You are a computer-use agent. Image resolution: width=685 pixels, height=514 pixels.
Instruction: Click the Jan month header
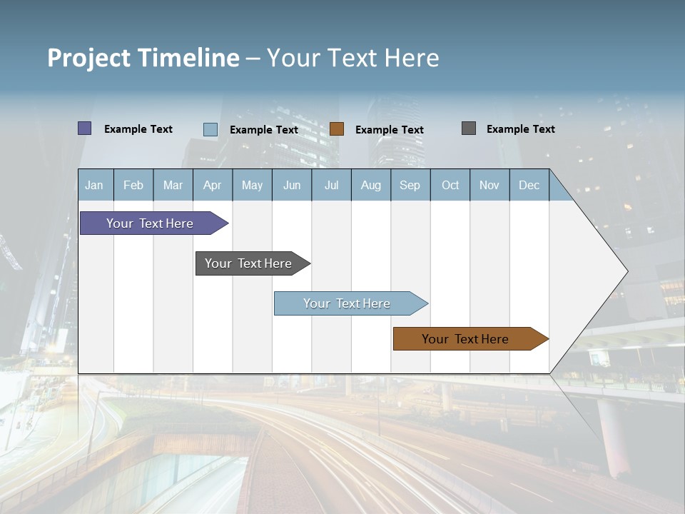click(x=95, y=185)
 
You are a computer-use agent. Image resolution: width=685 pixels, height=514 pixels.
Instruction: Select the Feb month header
click(x=133, y=185)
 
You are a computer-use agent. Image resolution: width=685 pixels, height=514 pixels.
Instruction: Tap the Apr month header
click(x=213, y=185)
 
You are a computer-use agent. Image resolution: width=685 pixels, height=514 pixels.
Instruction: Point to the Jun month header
click(x=292, y=185)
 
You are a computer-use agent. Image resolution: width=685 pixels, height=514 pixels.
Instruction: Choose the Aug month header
click(x=371, y=185)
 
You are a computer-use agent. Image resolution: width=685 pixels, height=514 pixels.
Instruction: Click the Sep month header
click(x=410, y=185)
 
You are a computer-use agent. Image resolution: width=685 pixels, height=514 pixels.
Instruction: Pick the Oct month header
click(x=450, y=185)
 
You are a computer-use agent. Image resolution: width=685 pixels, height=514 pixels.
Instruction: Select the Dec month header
click(x=529, y=185)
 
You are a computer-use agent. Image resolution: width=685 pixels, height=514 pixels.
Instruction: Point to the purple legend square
click(x=85, y=128)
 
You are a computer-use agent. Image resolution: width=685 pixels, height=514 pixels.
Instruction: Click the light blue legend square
click(x=210, y=129)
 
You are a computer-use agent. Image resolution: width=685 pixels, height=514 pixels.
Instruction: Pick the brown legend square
click(x=337, y=129)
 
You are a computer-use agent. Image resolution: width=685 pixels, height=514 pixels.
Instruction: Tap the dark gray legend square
click(x=469, y=128)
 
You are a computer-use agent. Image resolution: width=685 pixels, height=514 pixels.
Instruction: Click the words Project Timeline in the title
click(x=143, y=58)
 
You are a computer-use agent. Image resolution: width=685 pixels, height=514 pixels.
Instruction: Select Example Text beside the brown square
click(x=390, y=130)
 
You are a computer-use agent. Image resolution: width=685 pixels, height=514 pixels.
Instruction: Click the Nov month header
click(x=489, y=185)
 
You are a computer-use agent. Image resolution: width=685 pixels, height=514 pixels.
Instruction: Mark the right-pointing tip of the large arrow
click(x=626, y=271)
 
